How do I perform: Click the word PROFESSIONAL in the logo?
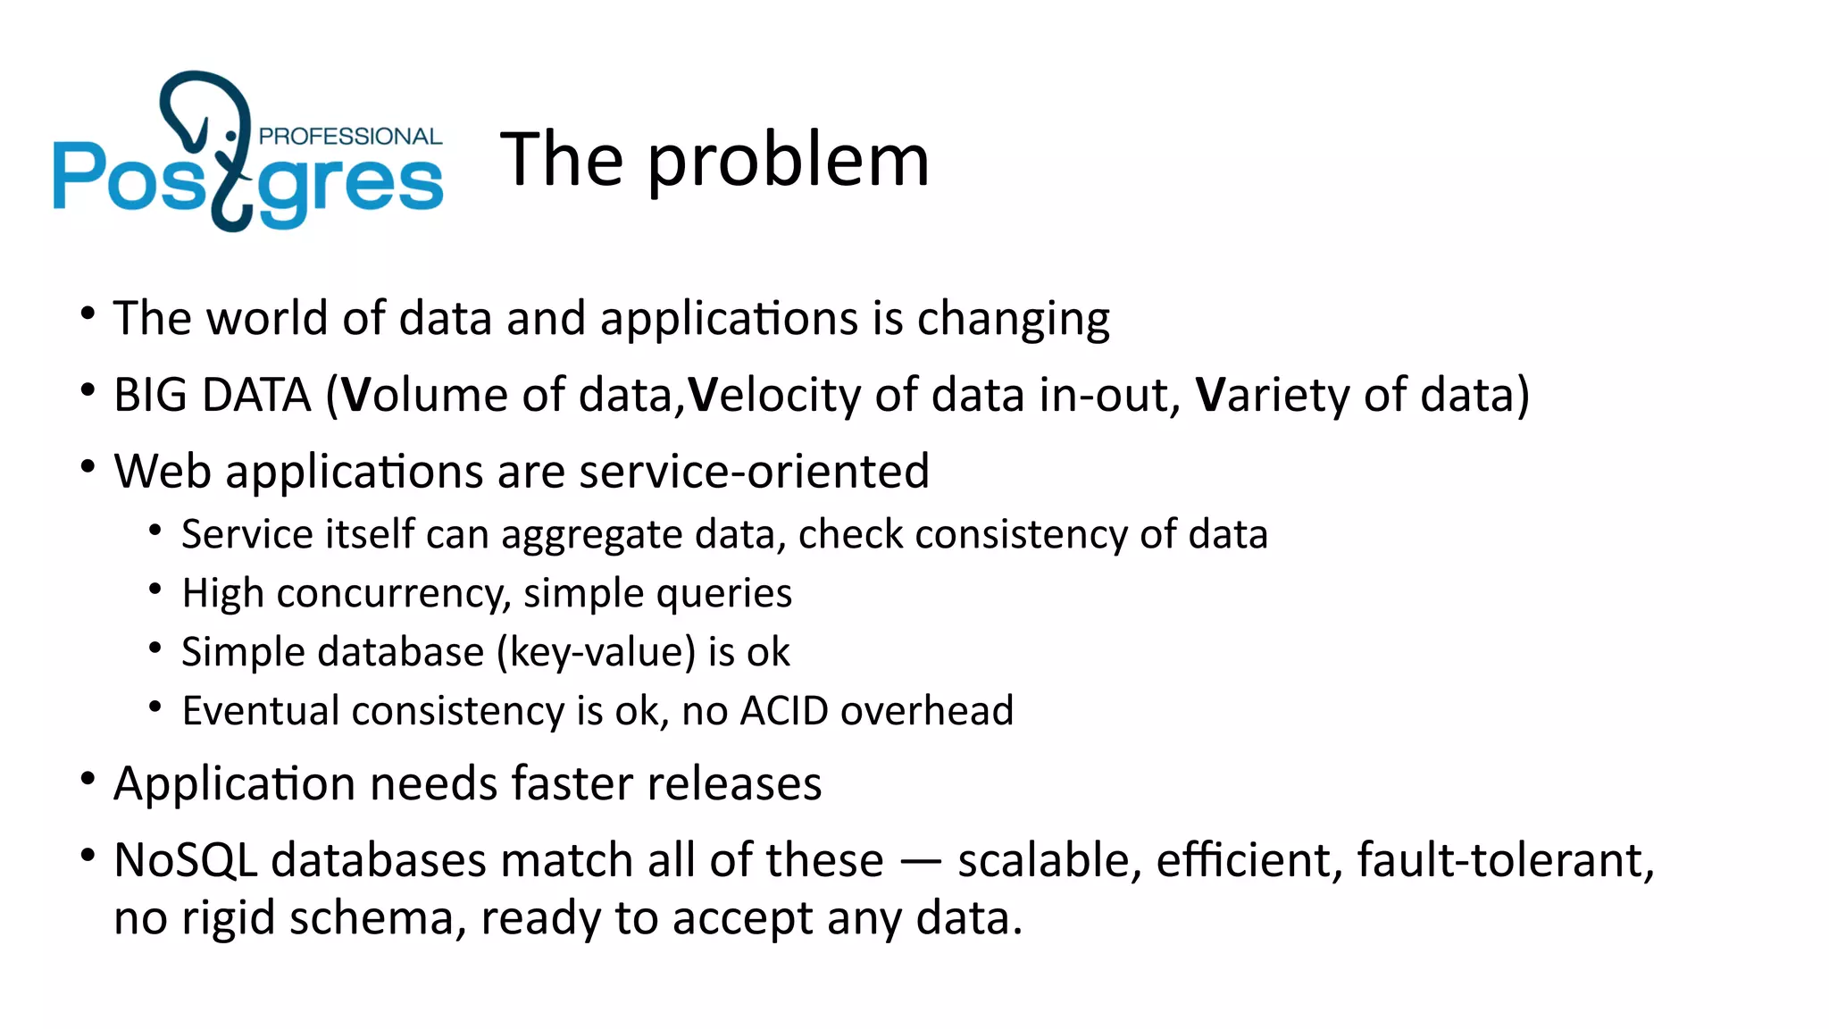(x=350, y=137)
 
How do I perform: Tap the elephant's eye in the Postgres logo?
(x=231, y=136)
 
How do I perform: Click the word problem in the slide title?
(x=788, y=162)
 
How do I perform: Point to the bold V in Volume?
(x=355, y=395)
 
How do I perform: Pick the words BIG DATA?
(x=213, y=396)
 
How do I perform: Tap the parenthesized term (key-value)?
(x=597, y=653)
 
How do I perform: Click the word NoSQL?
(x=186, y=861)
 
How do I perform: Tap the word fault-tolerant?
(x=1506, y=861)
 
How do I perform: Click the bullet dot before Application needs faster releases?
(x=88, y=779)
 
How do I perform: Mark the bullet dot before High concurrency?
(x=155, y=589)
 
